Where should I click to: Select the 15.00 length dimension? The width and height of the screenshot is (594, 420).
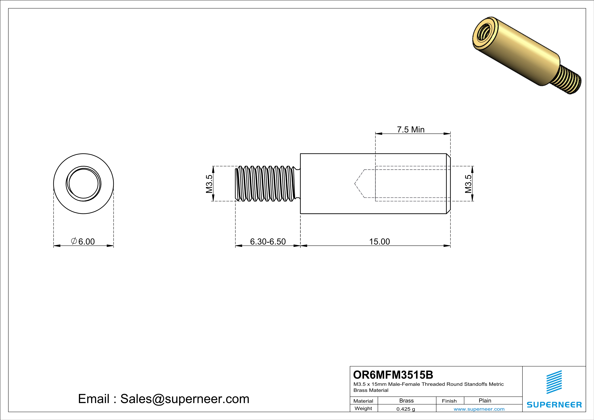tap(379, 241)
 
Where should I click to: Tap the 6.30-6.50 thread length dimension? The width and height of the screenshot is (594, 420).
tap(268, 241)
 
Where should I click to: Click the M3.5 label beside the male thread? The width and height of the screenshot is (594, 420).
tap(209, 184)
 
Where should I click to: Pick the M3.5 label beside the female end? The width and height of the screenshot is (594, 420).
tap(468, 184)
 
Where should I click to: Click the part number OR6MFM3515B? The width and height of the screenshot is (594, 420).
tap(393, 375)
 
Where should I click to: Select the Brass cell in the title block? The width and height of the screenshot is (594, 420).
tap(407, 401)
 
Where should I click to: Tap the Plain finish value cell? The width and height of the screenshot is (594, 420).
tap(485, 401)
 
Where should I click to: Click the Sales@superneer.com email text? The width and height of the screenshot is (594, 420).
tap(185, 399)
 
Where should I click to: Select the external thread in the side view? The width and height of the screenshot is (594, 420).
tap(265, 184)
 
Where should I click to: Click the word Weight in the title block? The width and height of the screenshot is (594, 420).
tap(363, 408)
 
